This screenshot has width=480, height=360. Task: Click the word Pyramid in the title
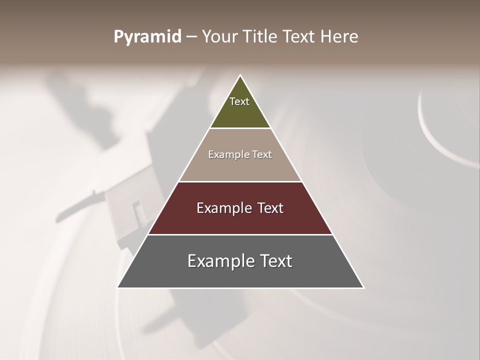coord(147,37)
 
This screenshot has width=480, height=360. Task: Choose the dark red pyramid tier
coord(240,220)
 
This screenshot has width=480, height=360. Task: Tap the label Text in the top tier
coord(239,101)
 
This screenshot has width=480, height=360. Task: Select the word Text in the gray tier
coord(273,261)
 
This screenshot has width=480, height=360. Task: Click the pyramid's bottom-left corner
coord(118,287)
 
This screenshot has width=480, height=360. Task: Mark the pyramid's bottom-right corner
coord(363,287)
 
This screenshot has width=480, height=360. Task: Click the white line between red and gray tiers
coord(240,234)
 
